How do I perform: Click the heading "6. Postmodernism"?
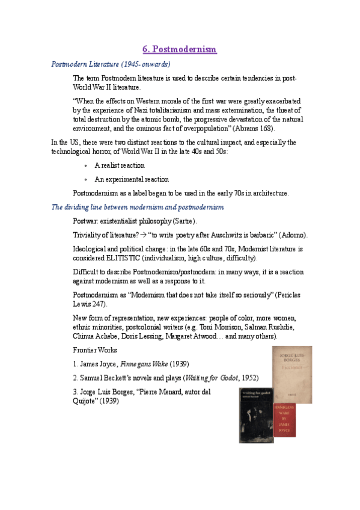179,49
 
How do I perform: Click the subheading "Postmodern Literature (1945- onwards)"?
111,64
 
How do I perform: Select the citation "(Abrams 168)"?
255,128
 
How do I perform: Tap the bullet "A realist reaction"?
120,165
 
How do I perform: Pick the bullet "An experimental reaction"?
132,179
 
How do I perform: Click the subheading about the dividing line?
138,207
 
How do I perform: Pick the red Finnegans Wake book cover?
283,420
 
